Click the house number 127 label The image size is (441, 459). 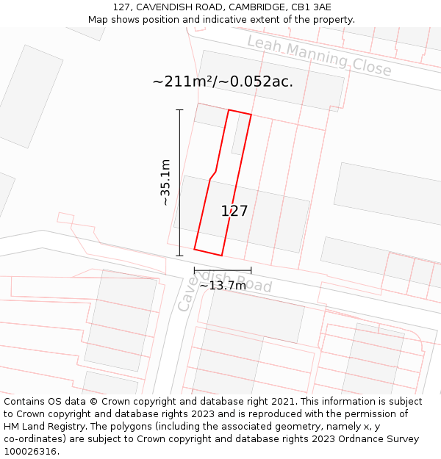[x=234, y=212]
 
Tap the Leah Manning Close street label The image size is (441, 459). [x=319, y=56]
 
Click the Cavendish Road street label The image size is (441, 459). [x=225, y=289]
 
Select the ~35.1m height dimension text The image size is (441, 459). [x=165, y=182]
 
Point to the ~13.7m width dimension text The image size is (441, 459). [x=223, y=286]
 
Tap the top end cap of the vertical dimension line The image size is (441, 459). [x=179, y=110]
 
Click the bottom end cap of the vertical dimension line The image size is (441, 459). [x=179, y=256]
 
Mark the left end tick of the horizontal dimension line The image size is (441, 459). [x=194, y=271]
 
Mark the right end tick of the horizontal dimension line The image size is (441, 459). [x=251, y=271]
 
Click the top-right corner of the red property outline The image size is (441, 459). [x=251, y=115]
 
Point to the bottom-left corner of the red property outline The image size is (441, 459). [x=194, y=249]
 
